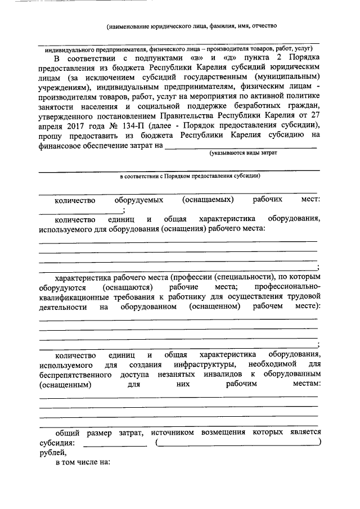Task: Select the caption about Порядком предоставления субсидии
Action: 190,175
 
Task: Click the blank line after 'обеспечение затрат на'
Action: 242,147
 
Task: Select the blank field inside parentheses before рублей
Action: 238,444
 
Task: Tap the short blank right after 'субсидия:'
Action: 115,444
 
